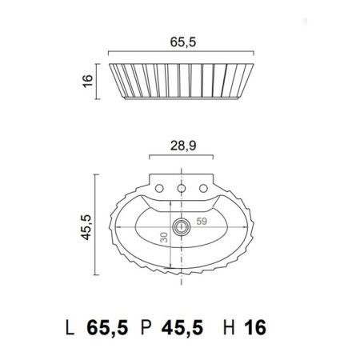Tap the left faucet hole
click(162, 188)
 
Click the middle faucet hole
click(182, 188)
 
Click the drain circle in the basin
click(182, 226)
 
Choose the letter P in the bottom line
click(146, 328)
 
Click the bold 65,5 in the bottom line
click(108, 328)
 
